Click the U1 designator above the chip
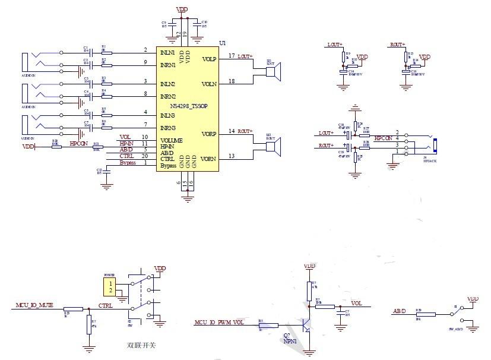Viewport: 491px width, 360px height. (x=223, y=44)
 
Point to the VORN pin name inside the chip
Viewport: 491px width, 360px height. (x=208, y=159)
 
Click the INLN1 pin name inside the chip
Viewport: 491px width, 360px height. (x=168, y=53)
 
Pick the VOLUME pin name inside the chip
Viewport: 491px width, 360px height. (x=172, y=140)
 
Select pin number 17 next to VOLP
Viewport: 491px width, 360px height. (x=232, y=56)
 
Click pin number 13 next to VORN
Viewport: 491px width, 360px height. (x=232, y=156)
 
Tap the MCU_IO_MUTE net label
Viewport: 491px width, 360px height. (x=34, y=305)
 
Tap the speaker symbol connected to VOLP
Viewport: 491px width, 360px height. (x=273, y=72)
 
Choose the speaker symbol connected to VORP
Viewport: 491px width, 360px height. (x=273, y=146)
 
